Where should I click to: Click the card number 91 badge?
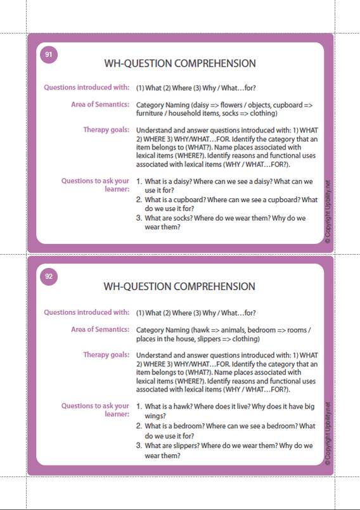49,55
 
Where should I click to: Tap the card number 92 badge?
49,276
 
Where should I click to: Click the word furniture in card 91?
151,113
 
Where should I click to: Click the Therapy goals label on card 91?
106,130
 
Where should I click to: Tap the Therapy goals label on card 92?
106,355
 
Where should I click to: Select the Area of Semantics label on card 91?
100,105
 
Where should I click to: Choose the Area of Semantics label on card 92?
100,329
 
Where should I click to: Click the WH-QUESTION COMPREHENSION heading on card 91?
180,64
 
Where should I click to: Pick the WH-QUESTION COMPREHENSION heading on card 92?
180,287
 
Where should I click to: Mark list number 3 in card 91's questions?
139,218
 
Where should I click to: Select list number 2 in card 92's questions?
139,426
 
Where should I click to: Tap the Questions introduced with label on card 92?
86,312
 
